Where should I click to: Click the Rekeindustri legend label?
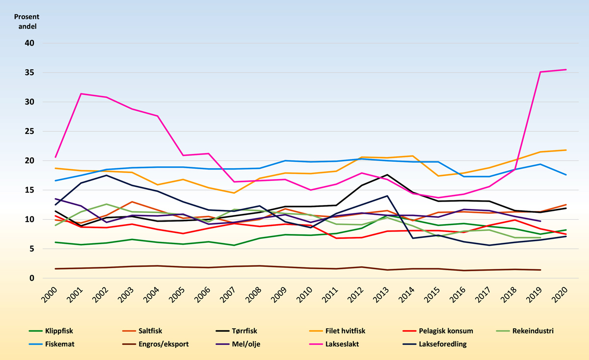click(x=532, y=331)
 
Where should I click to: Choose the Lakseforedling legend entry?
click(x=442, y=344)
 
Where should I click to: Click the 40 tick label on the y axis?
click(x=29, y=43)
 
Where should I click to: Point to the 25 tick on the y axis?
click(x=29, y=131)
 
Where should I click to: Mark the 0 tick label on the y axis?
click(x=32, y=278)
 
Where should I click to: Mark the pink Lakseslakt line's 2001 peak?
click(x=81, y=94)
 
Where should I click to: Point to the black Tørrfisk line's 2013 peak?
click(x=388, y=175)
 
